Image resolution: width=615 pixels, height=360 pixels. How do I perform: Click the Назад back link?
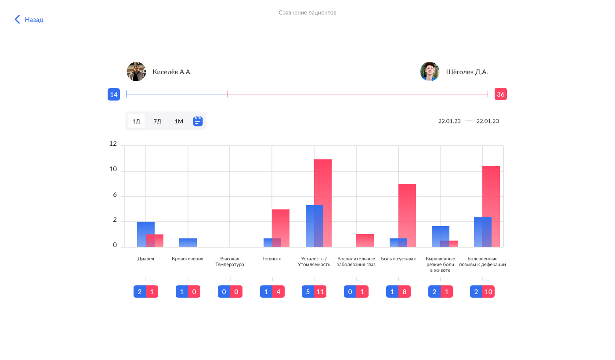(29, 19)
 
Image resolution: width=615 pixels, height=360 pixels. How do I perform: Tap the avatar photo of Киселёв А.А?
(136, 72)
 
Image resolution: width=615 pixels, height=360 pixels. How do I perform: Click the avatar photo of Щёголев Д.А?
(430, 72)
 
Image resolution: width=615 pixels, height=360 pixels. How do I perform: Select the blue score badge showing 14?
(114, 94)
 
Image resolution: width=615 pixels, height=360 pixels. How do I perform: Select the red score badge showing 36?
(500, 94)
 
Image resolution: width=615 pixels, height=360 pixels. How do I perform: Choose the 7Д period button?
(157, 121)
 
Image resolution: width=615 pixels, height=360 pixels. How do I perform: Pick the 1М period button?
(179, 121)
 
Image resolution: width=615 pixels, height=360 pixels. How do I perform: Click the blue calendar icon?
(198, 121)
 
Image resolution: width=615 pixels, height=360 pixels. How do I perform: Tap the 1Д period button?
(136, 121)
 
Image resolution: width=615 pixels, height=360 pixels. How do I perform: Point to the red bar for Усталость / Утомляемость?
(323, 203)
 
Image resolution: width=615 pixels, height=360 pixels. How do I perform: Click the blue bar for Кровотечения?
(188, 243)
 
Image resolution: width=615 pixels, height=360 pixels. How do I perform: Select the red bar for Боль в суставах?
(407, 216)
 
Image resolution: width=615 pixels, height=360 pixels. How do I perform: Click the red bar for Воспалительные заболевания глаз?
(365, 241)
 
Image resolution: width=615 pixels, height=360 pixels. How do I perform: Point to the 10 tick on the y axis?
(113, 169)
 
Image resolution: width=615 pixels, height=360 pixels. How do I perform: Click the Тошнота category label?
(272, 259)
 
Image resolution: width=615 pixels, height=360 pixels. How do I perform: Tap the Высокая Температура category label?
(230, 262)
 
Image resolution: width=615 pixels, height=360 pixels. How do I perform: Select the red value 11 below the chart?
(320, 292)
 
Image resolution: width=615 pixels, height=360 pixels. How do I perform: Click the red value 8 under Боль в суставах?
(405, 292)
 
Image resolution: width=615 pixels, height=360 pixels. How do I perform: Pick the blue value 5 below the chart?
(308, 292)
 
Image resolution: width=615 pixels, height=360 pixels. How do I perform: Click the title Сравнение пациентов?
(307, 13)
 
